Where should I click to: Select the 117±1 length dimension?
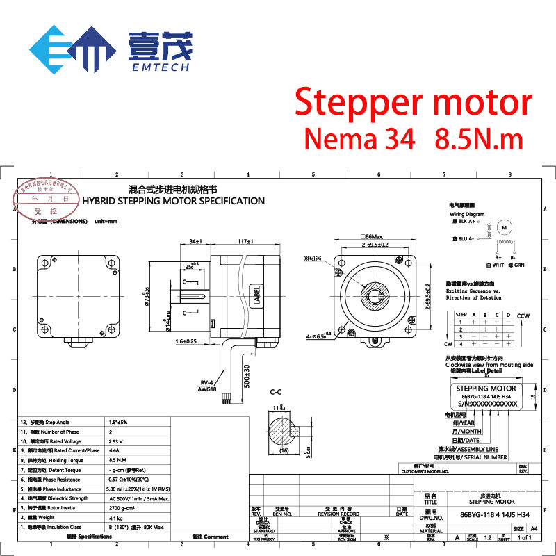click(244, 242)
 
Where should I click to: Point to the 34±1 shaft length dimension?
click(196, 242)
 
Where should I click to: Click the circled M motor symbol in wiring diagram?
click(506, 227)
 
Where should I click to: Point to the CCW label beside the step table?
click(523, 314)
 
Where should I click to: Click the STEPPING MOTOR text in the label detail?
click(486, 389)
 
